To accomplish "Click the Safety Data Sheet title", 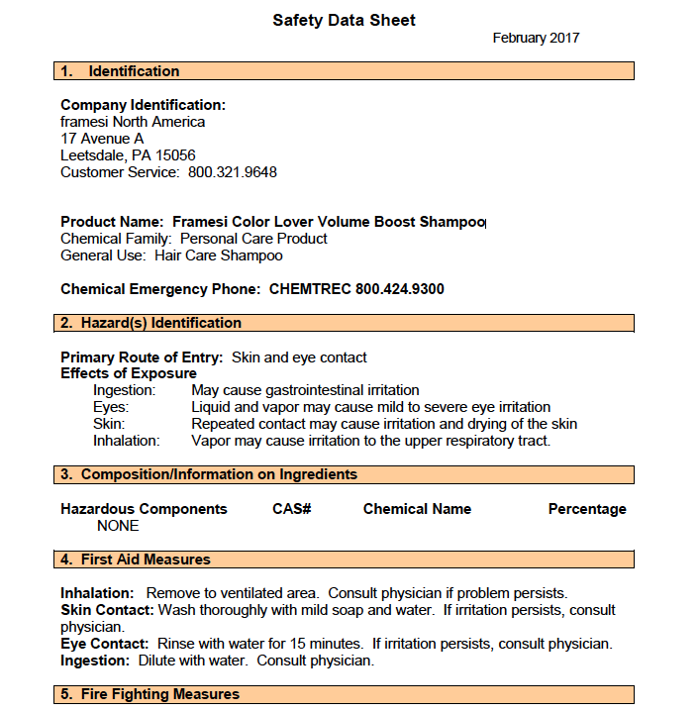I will [344, 20].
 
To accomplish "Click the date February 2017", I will [536, 39].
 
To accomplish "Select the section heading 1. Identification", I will [120, 71].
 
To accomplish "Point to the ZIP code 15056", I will [175, 155].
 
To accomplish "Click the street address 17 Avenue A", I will [102, 139].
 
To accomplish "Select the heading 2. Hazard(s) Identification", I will [150, 323].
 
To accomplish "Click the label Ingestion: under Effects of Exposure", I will [124, 390].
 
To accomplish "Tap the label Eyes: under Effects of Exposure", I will [111, 407].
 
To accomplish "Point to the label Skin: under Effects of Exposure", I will [109, 424].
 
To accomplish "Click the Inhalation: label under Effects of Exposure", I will [127, 441].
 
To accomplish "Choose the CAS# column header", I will [292, 509].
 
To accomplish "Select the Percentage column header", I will [587, 509].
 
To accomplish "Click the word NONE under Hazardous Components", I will [118, 526].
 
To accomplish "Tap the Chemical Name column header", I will [417, 509].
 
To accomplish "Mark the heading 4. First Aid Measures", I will [136, 560].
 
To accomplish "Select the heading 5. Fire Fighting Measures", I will [150, 694].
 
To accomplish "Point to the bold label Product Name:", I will [112, 222].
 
